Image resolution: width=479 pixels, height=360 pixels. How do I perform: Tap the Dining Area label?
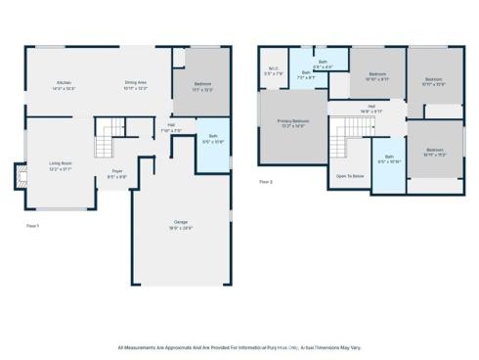[135, 83]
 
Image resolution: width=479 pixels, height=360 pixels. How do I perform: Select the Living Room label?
[62, 163]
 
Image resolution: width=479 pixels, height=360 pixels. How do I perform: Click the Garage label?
[180, 223]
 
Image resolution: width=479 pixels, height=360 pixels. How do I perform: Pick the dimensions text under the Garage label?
[180, 228]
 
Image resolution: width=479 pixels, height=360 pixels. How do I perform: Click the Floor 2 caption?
[266, 182]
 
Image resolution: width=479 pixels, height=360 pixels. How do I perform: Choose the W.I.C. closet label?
[274, 68]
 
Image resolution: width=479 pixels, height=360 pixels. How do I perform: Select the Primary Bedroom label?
[292, 121]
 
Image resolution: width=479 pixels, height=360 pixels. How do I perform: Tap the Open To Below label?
[350, 176]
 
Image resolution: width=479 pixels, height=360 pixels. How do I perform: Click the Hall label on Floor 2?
[371, 107]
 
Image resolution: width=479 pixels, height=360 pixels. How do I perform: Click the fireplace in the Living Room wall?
[21, 177]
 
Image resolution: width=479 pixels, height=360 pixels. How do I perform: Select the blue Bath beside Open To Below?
[389, 158]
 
